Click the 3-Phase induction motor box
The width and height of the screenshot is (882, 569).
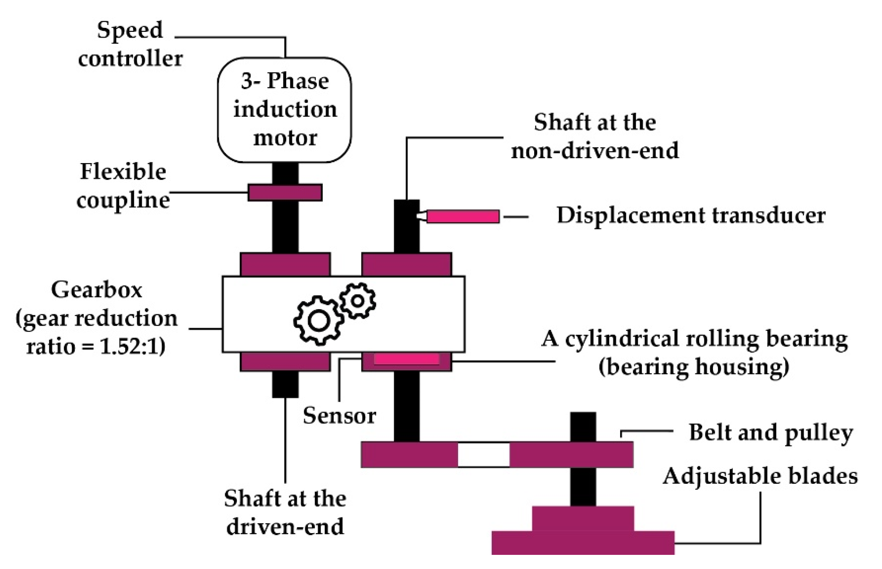[x=284, y=110]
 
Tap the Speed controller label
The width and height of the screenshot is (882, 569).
[x=130, y=44]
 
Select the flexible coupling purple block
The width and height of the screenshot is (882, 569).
[x=285, y=192]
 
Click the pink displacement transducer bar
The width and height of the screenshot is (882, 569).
[x=462, y=216]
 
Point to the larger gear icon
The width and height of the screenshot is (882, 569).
[x=318, y=321]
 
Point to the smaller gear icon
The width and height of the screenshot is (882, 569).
[x=358, y=301]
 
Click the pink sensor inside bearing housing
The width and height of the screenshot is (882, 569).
[x=407, y=359]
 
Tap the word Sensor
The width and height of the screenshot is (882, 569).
[x=339, y=416]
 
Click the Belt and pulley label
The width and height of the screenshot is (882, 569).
[x=771, y=432]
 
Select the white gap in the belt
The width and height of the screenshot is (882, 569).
[x=483, y=454]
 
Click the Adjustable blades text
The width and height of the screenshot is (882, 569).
[x=760, y=476]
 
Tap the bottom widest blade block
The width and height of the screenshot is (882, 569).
[x=582, y=543]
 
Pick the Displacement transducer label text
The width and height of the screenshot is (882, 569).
[x=691, y=216]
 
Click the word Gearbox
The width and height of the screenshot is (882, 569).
[x=96, y=289]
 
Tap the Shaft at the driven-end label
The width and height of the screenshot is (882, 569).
[x=285, y=512]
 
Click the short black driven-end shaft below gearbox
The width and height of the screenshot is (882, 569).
[x=285, y=384]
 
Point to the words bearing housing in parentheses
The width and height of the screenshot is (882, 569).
[x=694, y=367]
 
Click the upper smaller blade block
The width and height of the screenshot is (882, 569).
[x=582, y=518]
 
